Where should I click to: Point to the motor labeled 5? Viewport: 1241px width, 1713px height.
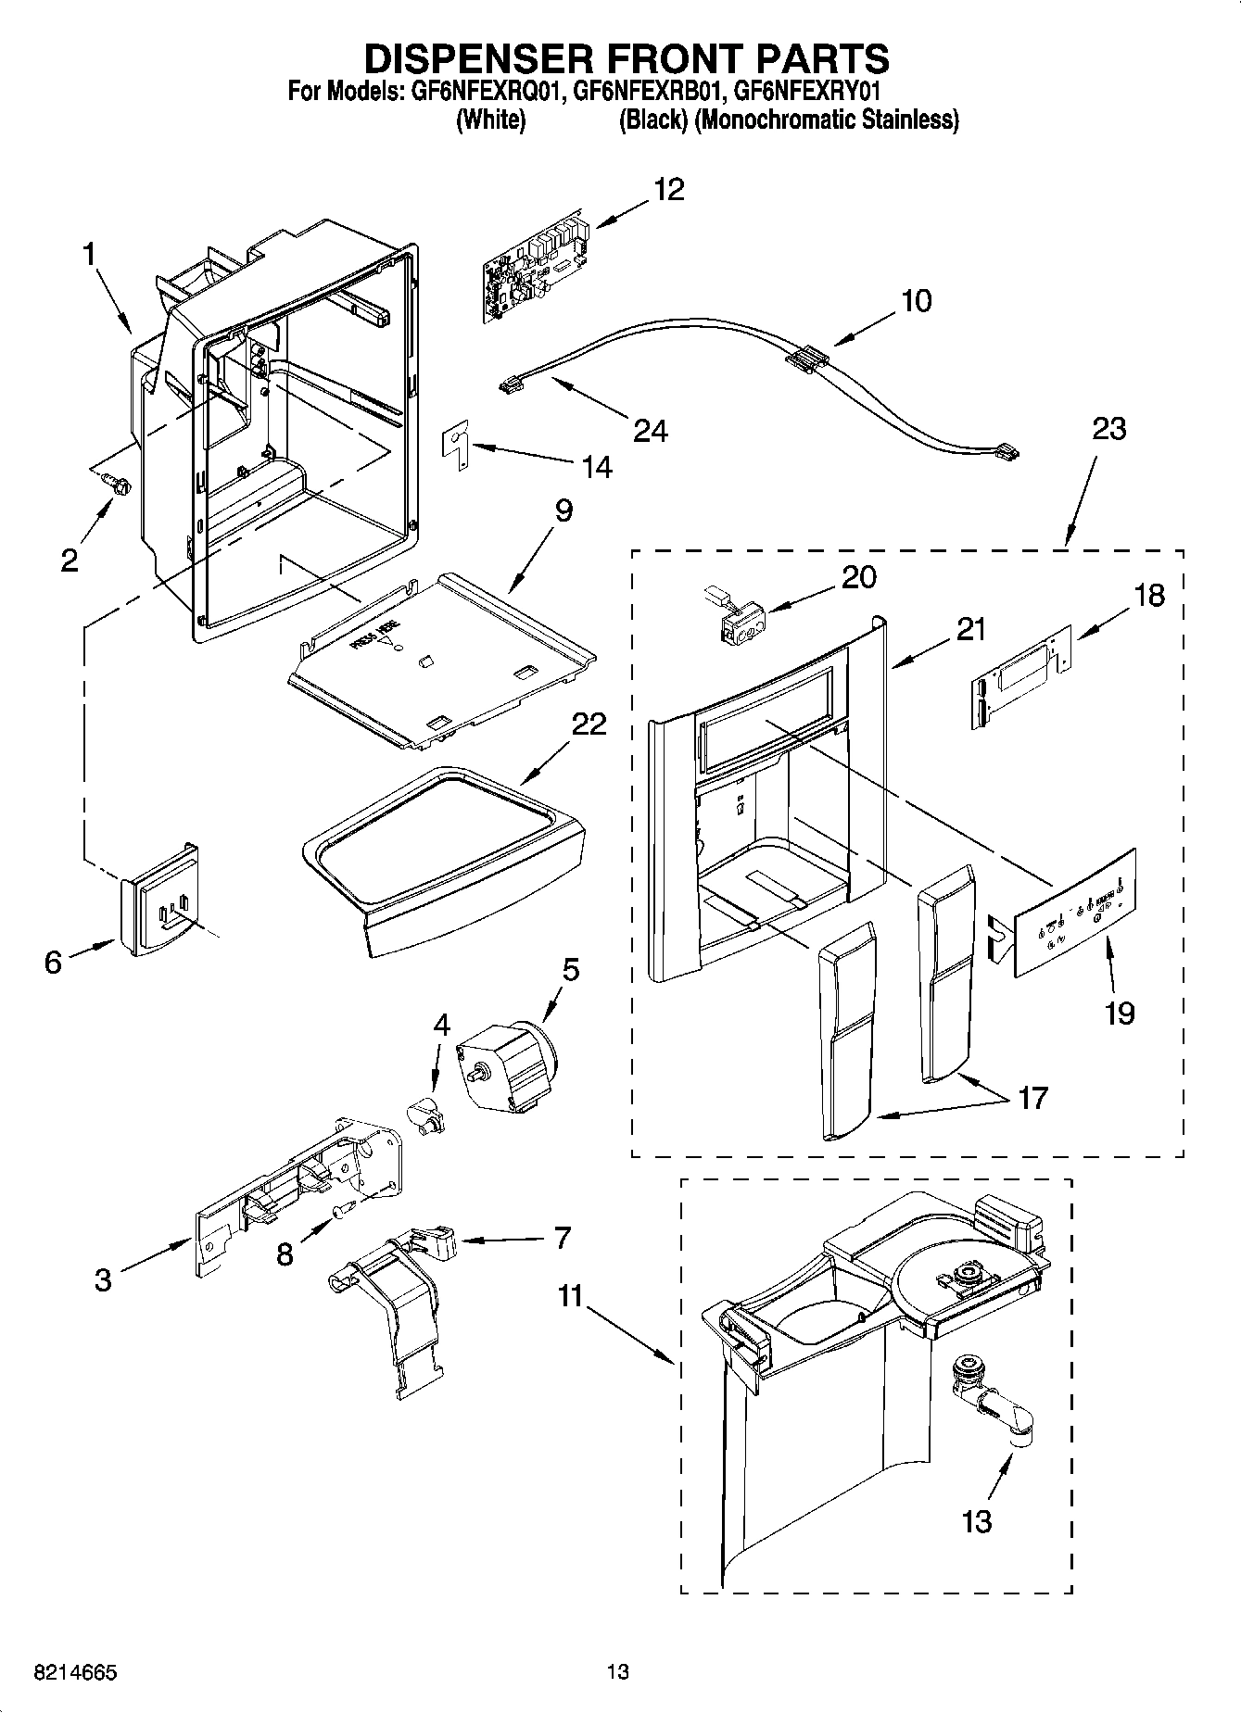pos(507,1064)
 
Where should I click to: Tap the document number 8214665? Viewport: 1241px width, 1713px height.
pos(74,1672)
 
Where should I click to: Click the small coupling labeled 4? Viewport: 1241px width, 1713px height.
pos(427,1113)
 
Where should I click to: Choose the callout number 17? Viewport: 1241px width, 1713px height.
pos(1032,1098)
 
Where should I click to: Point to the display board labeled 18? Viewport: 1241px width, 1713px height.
pos(1019,677)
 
